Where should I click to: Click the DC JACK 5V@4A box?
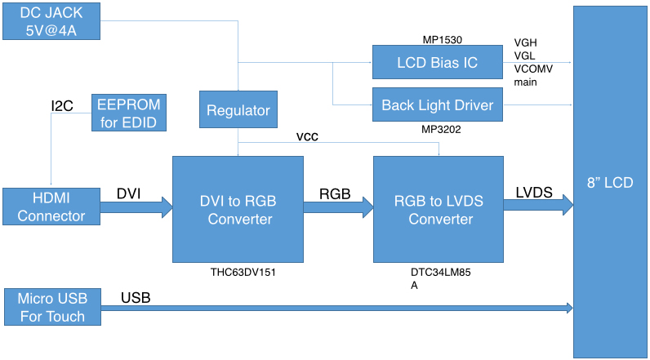[x=51, y=21]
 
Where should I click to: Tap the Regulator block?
[x=238, y=111]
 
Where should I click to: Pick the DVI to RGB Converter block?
[x=238, y=208]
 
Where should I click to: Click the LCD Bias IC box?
[x=436, y=62]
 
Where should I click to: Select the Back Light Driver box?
[x=436, y=105]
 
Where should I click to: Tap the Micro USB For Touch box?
[x=51, y=307]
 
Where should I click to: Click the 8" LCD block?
[x=609, y=182]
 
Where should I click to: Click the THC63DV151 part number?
[x=238, y=273]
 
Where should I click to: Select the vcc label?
[x=308, y=137]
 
